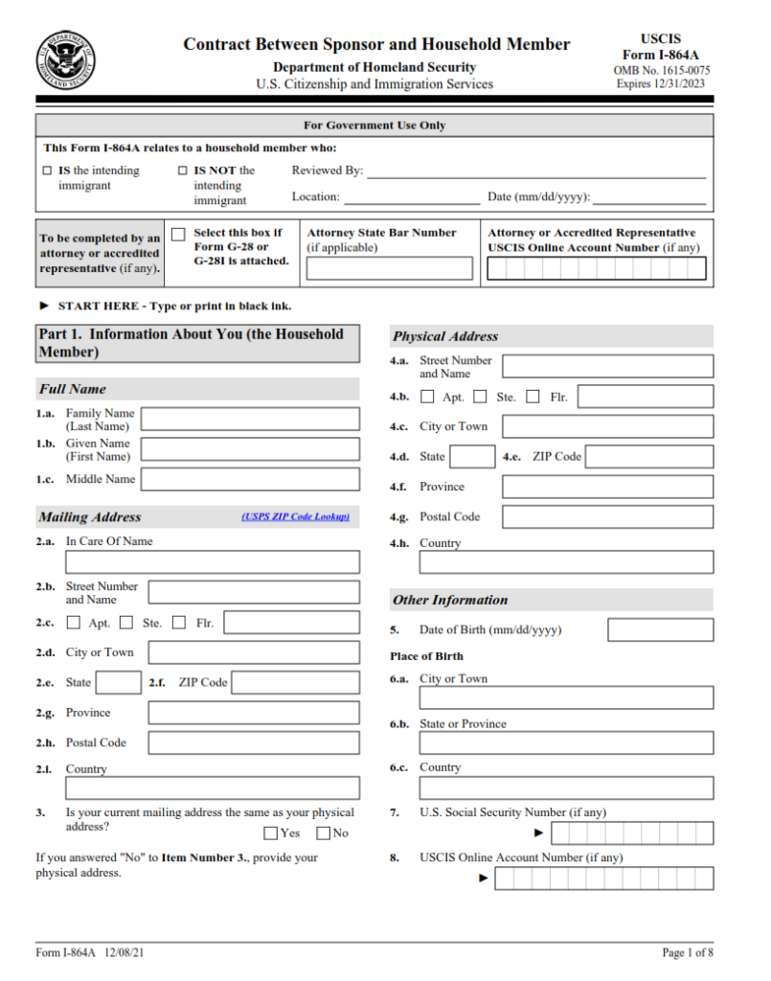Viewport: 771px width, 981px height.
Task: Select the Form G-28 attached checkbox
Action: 178,235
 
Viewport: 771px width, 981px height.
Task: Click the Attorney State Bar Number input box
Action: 389,268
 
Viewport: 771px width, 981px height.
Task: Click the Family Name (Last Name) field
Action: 251,419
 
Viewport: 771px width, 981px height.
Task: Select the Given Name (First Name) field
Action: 251,449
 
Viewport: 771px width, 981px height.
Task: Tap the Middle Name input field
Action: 251,479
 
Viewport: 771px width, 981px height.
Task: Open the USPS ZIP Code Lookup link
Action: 295,517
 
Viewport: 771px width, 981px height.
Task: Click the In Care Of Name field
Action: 213,562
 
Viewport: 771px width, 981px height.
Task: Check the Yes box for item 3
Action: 271,833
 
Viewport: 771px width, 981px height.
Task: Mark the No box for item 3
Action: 324,833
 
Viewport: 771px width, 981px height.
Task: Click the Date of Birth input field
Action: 660,630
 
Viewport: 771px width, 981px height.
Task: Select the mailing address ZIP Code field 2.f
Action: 295,683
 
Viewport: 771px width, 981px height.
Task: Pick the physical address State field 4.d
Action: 472,457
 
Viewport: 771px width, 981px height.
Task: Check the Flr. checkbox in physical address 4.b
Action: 533,397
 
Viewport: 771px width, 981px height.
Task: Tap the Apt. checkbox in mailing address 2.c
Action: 74,623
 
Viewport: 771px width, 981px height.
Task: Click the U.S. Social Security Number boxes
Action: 632,833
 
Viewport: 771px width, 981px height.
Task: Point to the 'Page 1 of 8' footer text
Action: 688,952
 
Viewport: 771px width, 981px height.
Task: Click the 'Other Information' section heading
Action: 450,601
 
